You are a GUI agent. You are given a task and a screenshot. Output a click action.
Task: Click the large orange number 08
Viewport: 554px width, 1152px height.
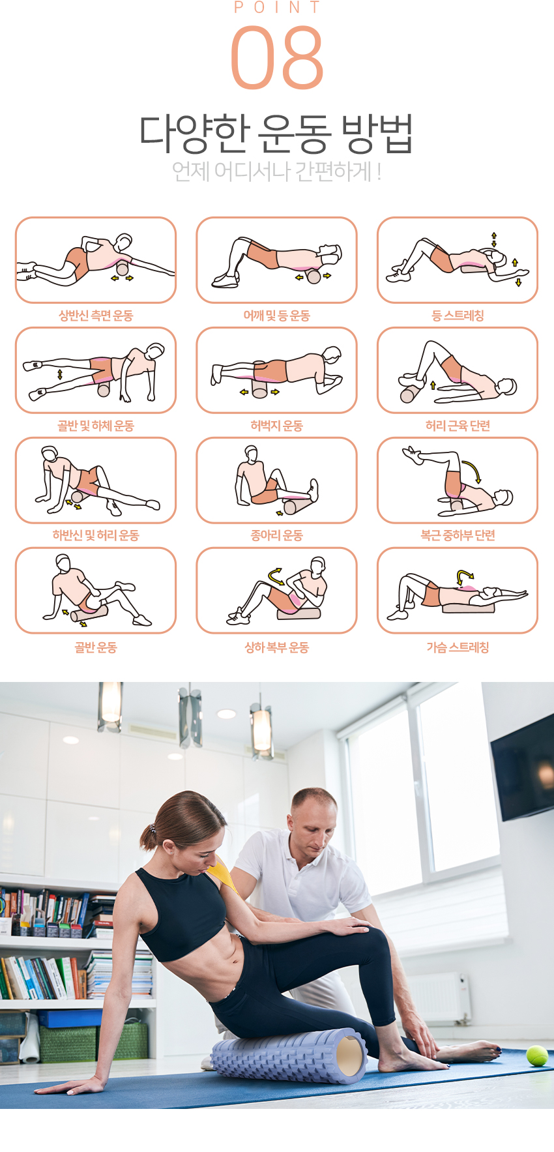[x=277, y=57]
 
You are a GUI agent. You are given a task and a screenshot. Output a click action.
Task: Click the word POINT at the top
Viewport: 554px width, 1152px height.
[x=277, y=7]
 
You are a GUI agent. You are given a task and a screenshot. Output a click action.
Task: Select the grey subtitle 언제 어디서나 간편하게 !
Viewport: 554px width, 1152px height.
[x=276, y=171]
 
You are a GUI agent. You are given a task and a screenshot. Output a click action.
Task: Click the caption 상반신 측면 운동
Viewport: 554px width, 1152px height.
[x=96, y=316]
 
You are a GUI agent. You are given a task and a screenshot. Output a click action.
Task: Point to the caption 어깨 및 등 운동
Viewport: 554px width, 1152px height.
[x=277, y=316]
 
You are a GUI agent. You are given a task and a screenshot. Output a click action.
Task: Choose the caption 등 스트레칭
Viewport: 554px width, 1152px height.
[x=458, y=316]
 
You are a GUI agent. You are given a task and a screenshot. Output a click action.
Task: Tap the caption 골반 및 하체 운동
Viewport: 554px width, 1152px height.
[x=96, y=426]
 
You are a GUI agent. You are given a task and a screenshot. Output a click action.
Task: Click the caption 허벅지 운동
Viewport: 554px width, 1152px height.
[x=277, y=426]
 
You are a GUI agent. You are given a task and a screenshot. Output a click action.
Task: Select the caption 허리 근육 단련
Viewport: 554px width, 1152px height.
[x=458, y=426]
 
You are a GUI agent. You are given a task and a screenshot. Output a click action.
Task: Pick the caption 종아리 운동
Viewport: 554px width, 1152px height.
[x=277, y=535]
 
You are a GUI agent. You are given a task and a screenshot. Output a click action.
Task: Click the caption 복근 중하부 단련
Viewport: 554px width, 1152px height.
[x=458, y=535]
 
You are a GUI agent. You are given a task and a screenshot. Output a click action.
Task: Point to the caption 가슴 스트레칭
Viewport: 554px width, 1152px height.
[x=458, y=647]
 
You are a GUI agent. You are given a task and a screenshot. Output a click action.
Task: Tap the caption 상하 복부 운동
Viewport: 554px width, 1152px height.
[x=277, y=647]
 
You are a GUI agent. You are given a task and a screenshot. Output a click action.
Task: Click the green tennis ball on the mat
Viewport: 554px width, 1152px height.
[x=537, y=1056]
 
